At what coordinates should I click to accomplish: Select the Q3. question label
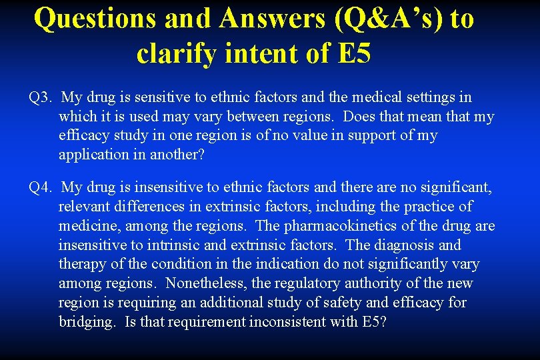40,97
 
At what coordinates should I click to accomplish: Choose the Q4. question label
40,187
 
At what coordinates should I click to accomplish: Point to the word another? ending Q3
175,155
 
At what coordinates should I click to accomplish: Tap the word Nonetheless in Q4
206,283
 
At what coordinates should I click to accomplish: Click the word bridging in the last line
85,322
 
